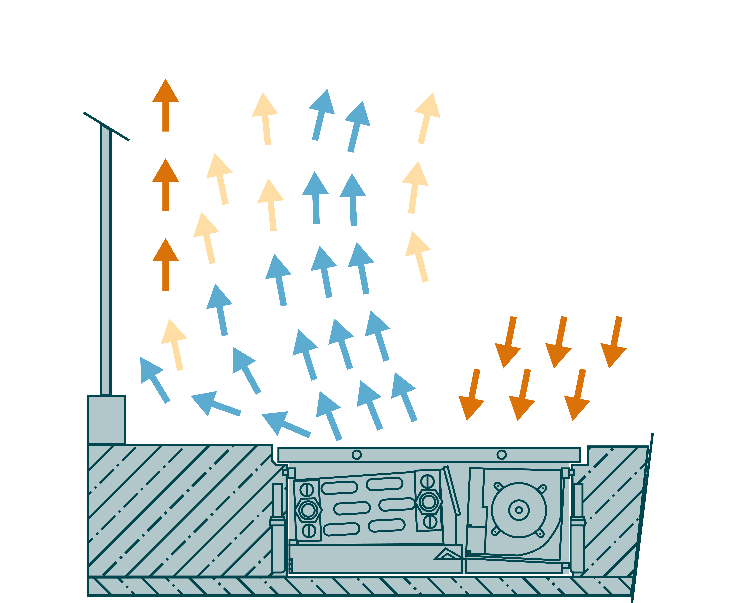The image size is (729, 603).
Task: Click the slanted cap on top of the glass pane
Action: (106, 126)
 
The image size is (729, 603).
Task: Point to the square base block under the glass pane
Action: (106, 420)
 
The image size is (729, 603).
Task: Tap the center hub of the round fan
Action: (519, 510)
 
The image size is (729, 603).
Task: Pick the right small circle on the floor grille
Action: (501, 454)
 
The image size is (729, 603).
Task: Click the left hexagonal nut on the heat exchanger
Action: (308, 510)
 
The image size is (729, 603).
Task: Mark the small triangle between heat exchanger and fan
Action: (447, 554)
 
